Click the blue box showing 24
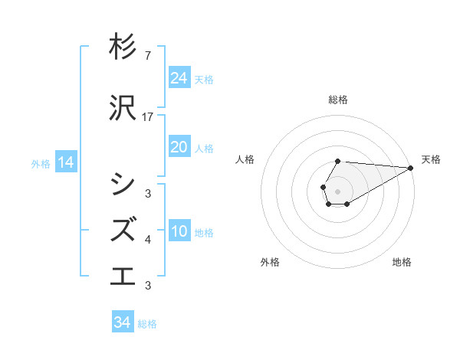coord(179,78)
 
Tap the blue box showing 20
coord(179,147)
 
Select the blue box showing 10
coord(179,232)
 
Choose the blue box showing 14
coord(66,162)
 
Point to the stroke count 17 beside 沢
coord(148,117)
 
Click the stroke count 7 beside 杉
coord(147,56)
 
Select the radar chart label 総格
coord(338,100)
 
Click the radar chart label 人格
coord(245,159)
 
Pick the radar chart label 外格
coord(269,262)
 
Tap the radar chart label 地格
coord(402,262)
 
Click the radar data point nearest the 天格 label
coord(411,168)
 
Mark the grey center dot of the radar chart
coord(338,191)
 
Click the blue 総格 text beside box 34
coord(147,323)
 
